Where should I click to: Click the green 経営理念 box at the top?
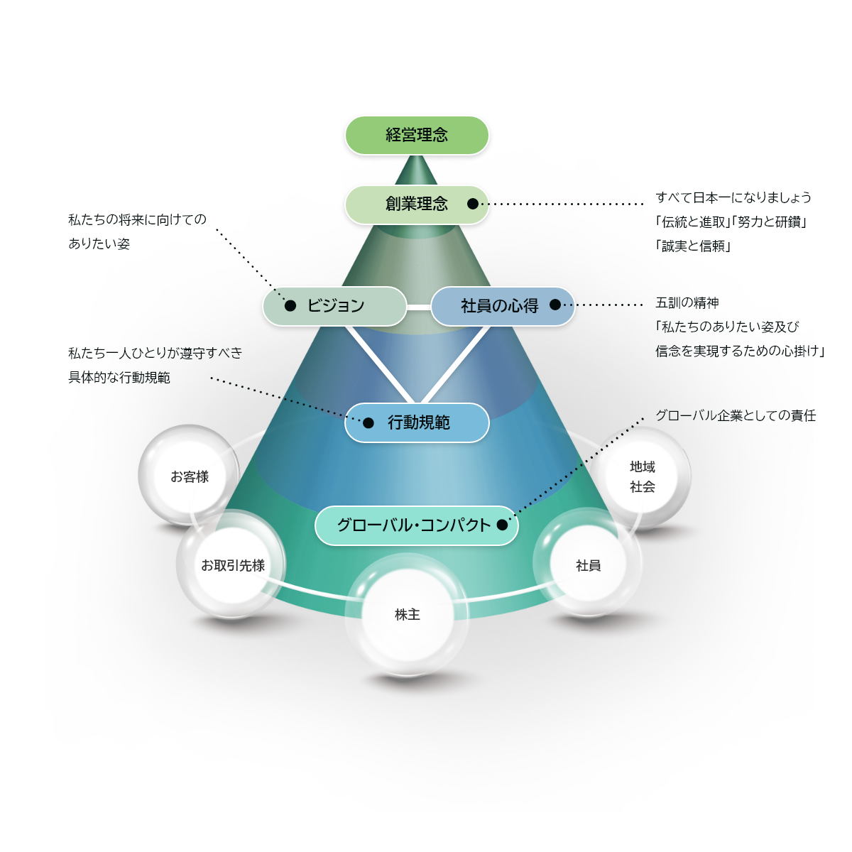(x=417, y=135)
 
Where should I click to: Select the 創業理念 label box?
(x=417, y=204)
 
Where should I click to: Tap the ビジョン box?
(x=335, y=306)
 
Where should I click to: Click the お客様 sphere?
(x=190, y=476)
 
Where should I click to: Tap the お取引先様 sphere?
(x=232, y=565)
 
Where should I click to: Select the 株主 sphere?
(x=408, y=614)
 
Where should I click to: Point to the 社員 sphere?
(x=588, y=565)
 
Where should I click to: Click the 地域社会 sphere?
(x=643, y=476)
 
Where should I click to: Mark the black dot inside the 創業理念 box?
(x=473, y=204)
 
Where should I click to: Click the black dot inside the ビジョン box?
(x=290, y=306)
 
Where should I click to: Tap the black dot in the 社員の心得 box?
(x=555, y=305)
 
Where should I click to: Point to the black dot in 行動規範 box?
(x=368, y=423)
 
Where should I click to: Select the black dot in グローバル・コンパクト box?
(x=503, y=525)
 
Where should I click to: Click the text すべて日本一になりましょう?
(x=733, y=197)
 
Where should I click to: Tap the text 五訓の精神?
(x=687, y=302)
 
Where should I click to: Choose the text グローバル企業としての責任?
(x=736, y=415)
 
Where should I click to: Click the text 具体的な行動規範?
(x=119, y=378)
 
